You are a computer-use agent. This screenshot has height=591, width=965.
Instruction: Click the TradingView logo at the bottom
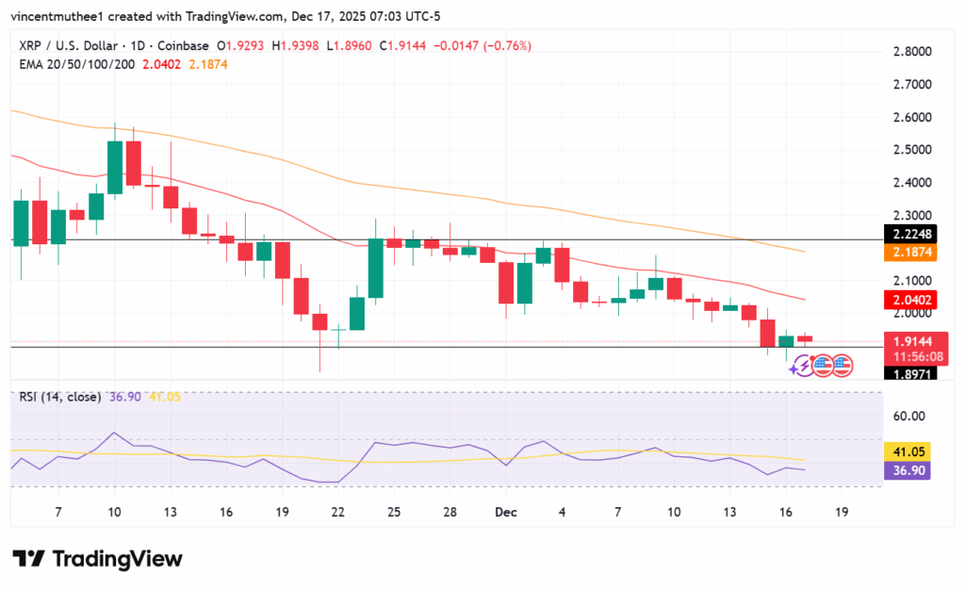point(97,558)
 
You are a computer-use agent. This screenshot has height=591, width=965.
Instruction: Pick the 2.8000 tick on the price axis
point(913,52)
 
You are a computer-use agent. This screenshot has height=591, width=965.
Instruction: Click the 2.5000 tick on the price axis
point(913,150)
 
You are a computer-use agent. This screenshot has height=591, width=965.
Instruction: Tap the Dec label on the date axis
point(506,511)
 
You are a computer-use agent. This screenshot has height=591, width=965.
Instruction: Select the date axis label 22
point(337,511)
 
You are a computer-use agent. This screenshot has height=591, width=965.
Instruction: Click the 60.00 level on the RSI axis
point(910,416)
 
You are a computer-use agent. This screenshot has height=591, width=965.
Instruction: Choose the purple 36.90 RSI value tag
point(907,470)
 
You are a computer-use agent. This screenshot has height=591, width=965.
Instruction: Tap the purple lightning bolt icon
point(801,365)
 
